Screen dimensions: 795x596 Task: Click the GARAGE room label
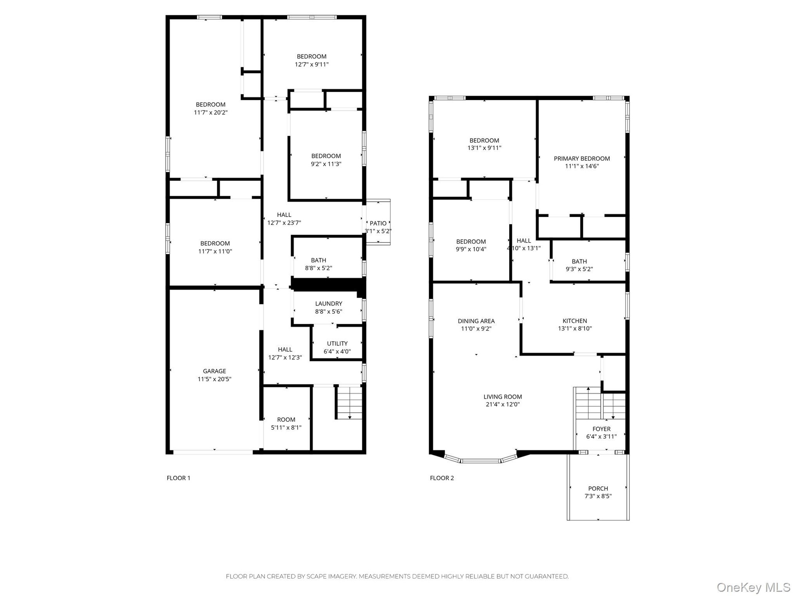[214, 371]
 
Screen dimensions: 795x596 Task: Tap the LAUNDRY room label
[329, 304]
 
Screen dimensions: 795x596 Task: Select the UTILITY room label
[337, 344]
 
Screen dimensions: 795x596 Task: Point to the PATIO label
[378, 223]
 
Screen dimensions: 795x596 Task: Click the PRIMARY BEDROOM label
[582, 159]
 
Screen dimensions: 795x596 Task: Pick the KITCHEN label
[575, 321]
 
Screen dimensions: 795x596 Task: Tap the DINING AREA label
[476, 321]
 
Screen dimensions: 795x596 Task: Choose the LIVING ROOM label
[503, 397]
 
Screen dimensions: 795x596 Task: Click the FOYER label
[602, 429]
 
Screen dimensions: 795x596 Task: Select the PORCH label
[598, 489]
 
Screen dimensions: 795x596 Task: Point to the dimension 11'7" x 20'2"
[211, 113]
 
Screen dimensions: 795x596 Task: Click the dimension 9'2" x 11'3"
[326, 164]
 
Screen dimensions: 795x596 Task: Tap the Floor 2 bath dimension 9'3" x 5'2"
[579, 269]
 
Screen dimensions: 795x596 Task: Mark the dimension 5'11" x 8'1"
[286, 428]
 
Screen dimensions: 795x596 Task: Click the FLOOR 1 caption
[178, 478]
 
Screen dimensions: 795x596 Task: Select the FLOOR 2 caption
[442, 478]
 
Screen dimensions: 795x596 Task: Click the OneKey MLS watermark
[754, 587]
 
